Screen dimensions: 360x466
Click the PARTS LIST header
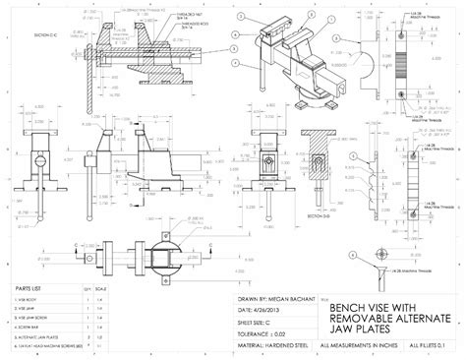28,288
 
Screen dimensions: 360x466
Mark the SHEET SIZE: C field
258,320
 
